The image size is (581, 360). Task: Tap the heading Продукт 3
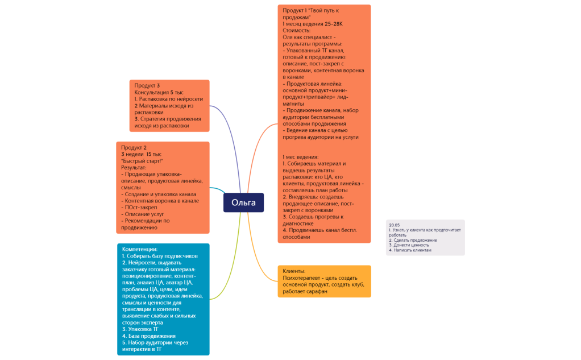[147, 85]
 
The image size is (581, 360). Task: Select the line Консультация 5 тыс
[159, 92]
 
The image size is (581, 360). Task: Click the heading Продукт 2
[134, 147]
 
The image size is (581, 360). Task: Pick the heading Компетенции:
[140, 249]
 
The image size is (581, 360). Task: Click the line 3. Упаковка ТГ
[140, 329]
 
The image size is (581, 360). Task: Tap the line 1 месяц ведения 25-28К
[313, 24]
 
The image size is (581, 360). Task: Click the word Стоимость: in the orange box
[297, 30]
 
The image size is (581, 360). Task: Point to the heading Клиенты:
[294, 271]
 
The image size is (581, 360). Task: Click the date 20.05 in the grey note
[395, 225]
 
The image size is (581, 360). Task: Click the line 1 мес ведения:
[301, 156]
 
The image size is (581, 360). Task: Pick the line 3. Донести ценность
[409, 245]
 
